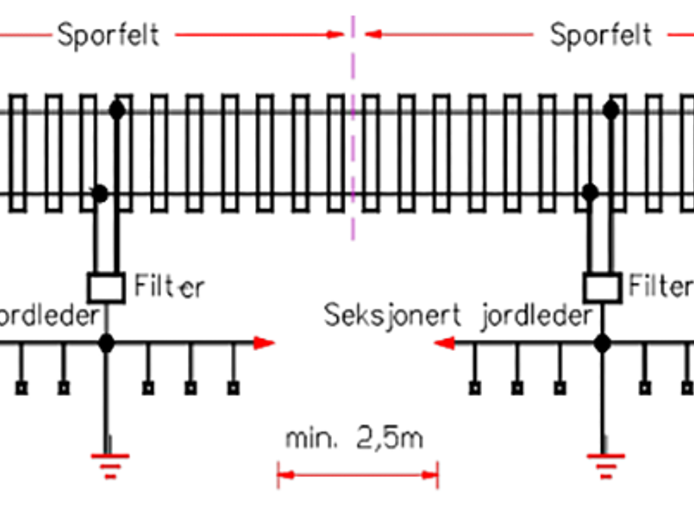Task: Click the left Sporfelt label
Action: (108, 35)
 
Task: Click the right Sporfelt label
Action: (601, 35)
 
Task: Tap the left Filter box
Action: (106, 287)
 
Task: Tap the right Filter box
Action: (602, 287)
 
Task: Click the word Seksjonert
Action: (392, 315)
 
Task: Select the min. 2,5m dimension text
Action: (354, 439)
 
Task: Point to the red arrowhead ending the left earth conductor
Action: (264, 343)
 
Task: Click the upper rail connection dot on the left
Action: (117, 110)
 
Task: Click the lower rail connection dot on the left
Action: (100, 194)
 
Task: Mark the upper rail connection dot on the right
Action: (611, 110)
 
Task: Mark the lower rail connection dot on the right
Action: (590, 192)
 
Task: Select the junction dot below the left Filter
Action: (106, 343)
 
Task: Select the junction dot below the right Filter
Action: (602, 343)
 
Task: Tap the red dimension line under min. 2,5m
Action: (358, 475)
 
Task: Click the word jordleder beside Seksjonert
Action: (537, 316)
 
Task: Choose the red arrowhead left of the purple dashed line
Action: (335, 34)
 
